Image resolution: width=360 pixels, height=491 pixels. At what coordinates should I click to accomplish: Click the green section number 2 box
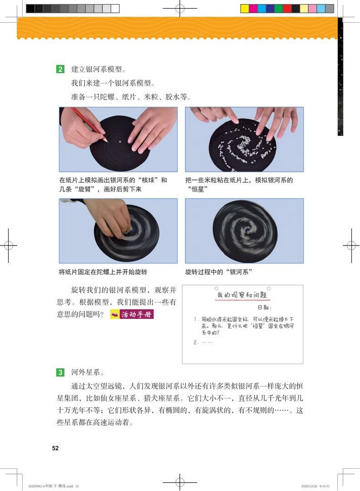[60, 69]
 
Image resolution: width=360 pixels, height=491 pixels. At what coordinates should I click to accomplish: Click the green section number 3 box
[60, 373]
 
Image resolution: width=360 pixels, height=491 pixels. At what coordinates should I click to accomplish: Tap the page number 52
[55, 448]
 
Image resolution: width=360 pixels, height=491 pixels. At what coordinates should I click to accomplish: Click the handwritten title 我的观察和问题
[242, 295]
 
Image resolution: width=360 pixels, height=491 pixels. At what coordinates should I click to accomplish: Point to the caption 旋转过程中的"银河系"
[218, 272]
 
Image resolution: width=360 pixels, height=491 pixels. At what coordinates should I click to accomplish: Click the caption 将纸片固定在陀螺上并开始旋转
[103, 272]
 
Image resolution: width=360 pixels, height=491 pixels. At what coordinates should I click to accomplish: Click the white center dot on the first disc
[119, 142]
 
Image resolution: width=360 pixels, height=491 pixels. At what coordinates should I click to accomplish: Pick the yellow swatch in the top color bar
[244, 9]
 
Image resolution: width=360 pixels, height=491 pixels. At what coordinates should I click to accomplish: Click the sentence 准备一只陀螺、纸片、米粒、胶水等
[131, 96]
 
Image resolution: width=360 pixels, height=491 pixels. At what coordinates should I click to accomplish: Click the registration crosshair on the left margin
[8, 245]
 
